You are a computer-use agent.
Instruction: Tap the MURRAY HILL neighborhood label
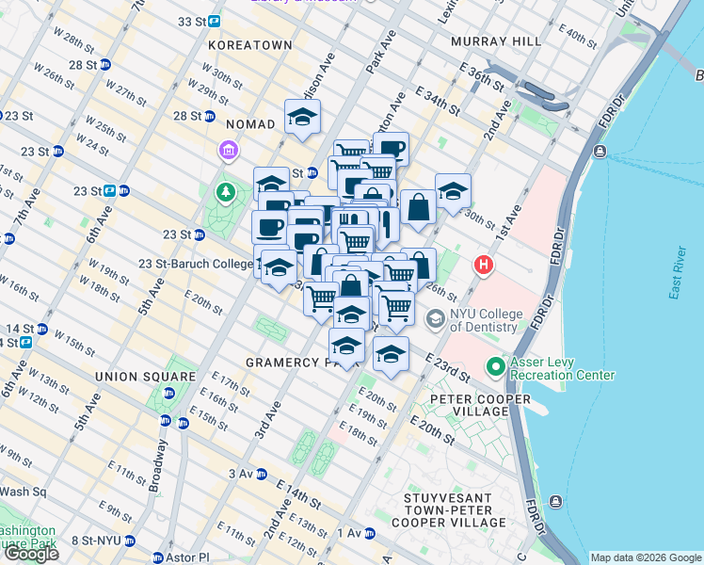pos(496,41)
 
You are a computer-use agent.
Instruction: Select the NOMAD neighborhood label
pos(250,123)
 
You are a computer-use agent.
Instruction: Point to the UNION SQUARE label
pos(146,376)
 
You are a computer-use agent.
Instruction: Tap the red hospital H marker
pos(485,265)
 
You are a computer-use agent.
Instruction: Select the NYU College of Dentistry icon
pos(435,319)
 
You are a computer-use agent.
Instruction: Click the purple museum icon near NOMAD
pos(227,150)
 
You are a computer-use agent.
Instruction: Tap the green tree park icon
pos(225,194)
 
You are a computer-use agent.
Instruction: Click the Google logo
pos(31,554)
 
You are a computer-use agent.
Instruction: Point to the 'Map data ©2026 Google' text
pos(645,557)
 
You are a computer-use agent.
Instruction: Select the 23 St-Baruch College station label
pos(196,264)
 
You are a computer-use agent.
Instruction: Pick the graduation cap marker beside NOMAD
pos(302,118)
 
